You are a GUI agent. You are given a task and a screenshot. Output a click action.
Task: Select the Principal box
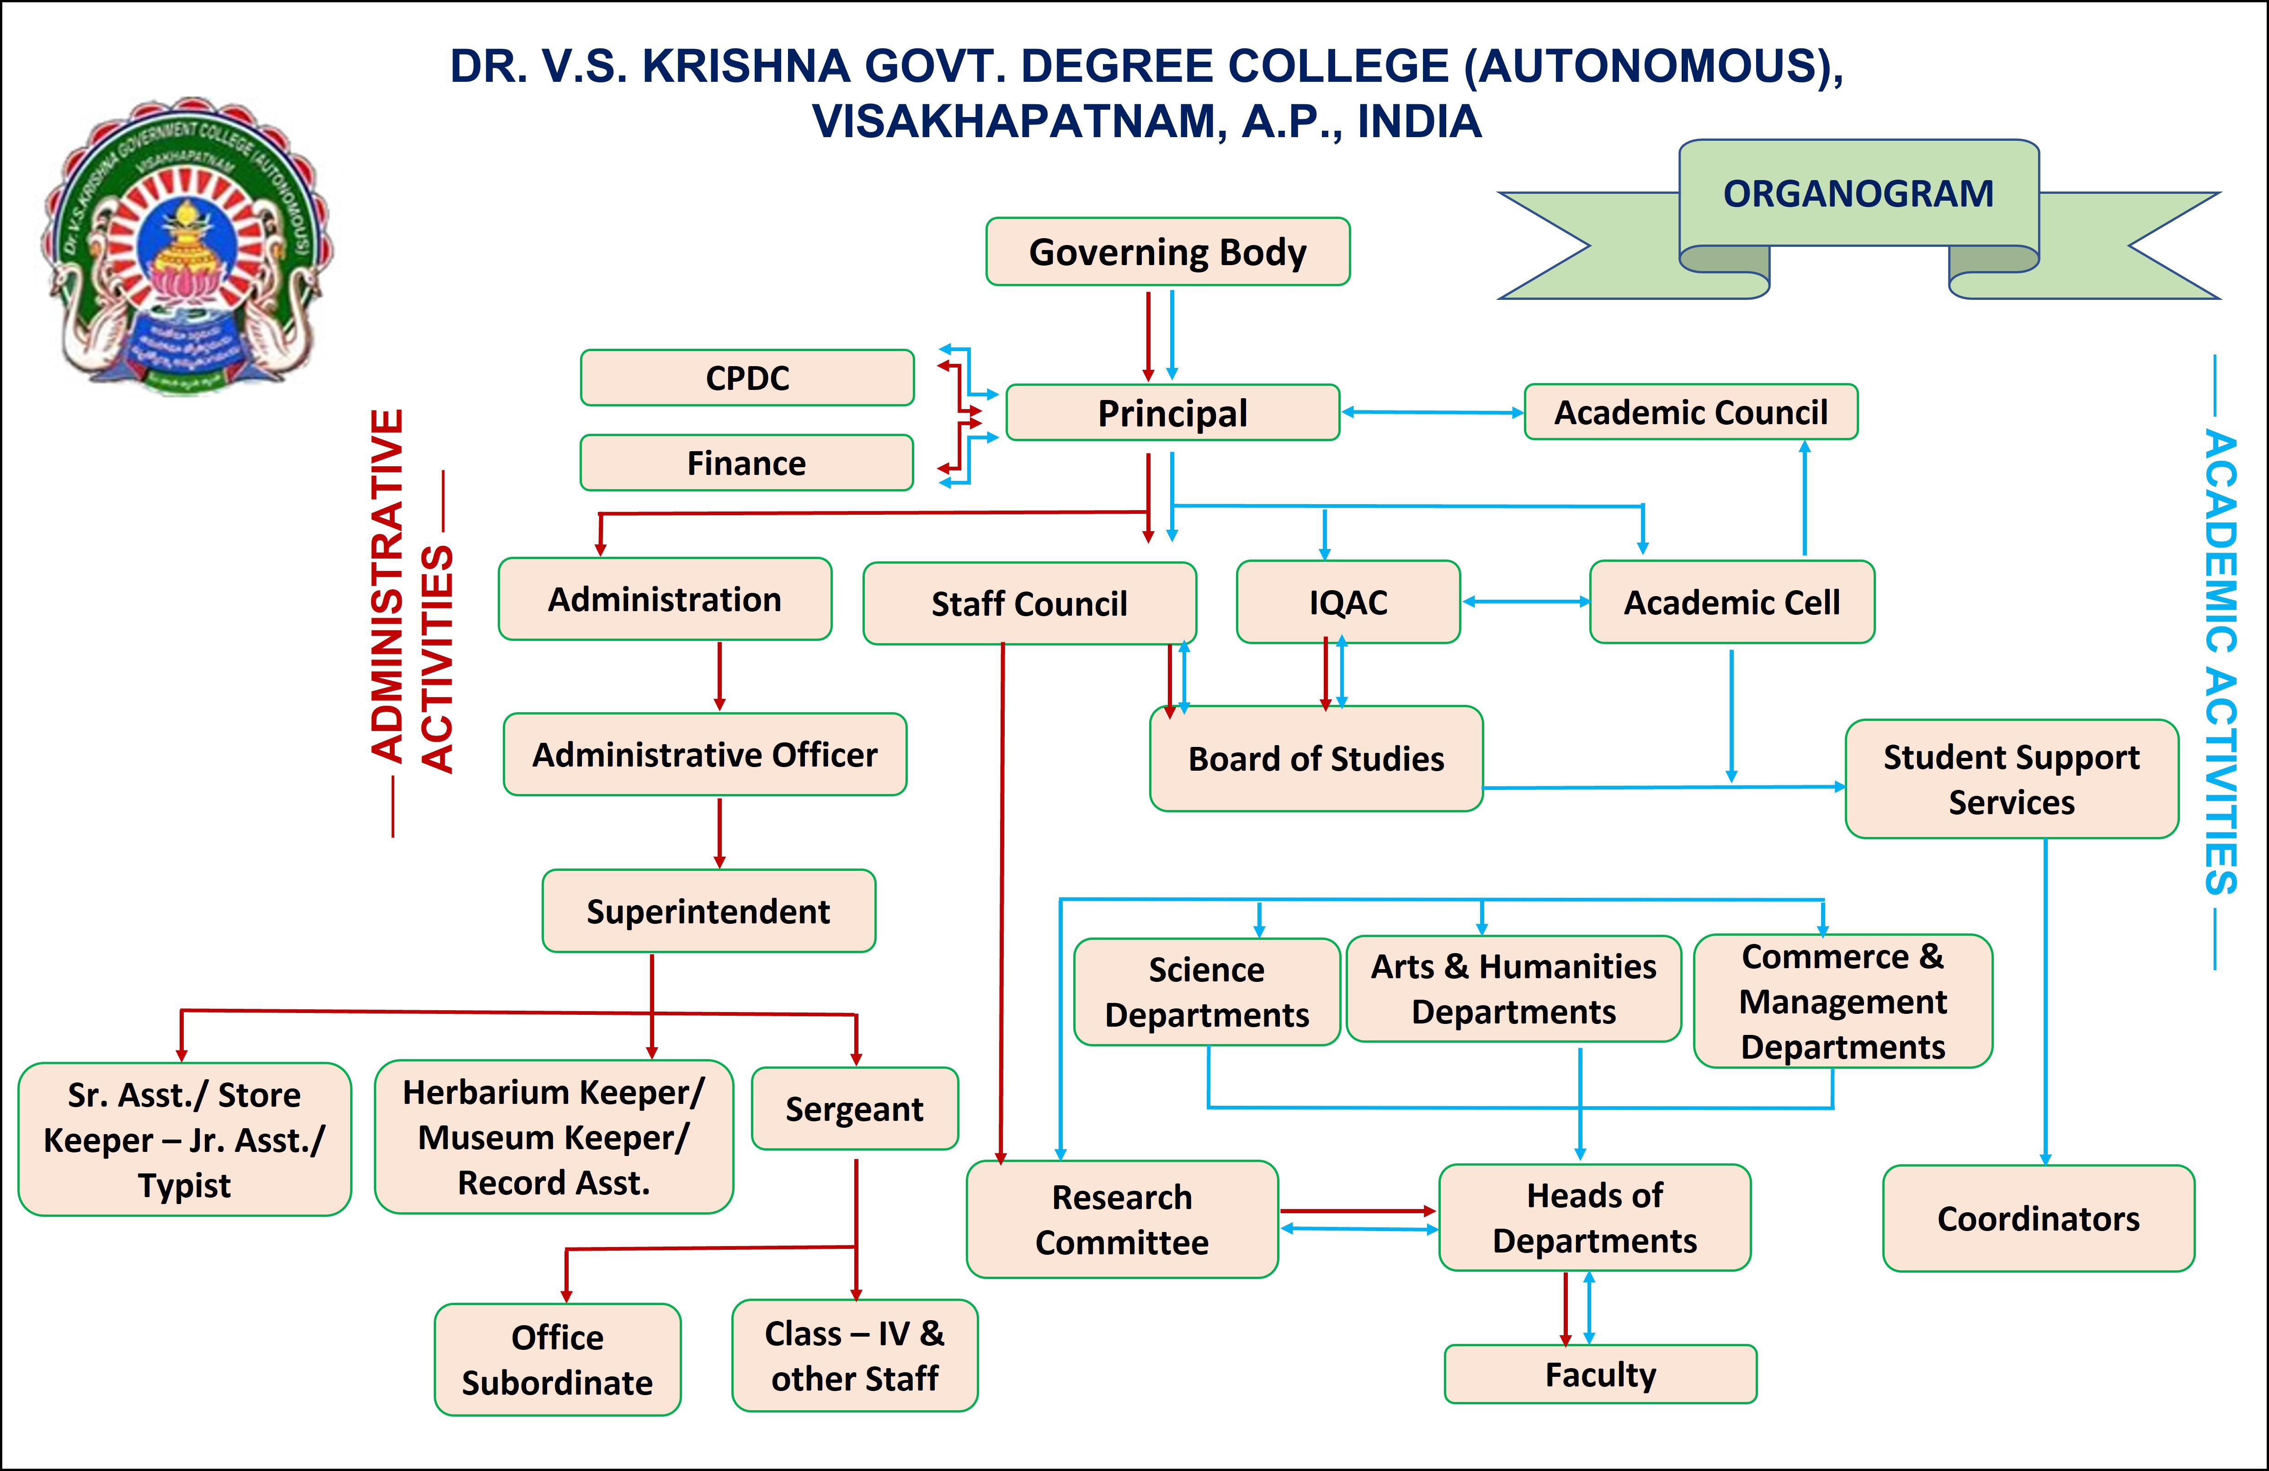pyautogui.click(x=1172, y=413)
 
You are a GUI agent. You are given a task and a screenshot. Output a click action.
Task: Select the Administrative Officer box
pyautogui.click(x=704, y=754)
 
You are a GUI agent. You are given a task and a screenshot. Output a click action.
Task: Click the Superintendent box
pyautogui.click(x=708, y=911)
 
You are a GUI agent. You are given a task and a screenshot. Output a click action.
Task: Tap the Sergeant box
pyautogui.click(x=854, y=1109)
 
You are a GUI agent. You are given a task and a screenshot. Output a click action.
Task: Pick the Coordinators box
pyautogui.click(x=2038, y=1218)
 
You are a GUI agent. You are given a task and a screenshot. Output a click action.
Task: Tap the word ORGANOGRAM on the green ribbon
pyautogui.click(x=1858, y=193)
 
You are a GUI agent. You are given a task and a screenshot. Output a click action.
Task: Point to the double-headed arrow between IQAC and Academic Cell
pyautogui.click(x=1525, y=602)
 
